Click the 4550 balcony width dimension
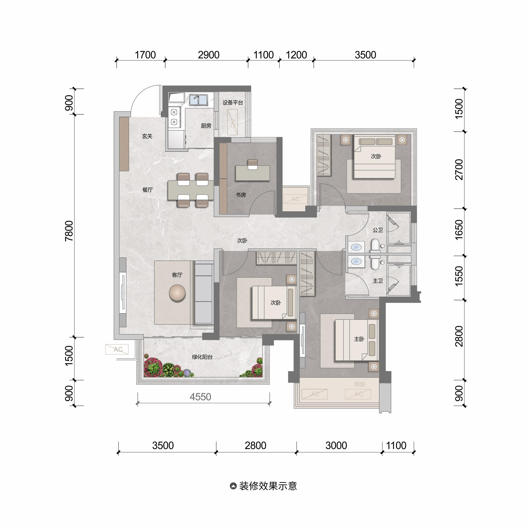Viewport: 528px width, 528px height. coord(200,397)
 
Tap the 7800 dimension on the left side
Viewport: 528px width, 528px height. coord(69,231)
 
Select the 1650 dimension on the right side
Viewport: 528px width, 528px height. coord(459,230)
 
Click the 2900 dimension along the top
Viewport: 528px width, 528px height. coord(209,55)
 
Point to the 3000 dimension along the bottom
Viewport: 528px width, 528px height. coord(336,446)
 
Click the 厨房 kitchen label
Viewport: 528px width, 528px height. coord(206,126)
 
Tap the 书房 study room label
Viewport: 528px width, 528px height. coord(241,195)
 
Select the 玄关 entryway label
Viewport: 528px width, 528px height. coord(147,136)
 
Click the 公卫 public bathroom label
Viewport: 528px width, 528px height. coord(378,230)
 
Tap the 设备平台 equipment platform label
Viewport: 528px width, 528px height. coord(233,103)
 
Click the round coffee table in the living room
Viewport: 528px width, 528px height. coord(177,293)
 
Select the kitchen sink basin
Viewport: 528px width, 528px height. coord(198,100)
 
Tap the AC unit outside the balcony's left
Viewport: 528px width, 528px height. coord(117,349)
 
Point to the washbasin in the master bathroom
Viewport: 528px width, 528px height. coord(356,262)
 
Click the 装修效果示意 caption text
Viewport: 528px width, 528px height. coord(268,486)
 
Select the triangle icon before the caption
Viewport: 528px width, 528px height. coord(233,486)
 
